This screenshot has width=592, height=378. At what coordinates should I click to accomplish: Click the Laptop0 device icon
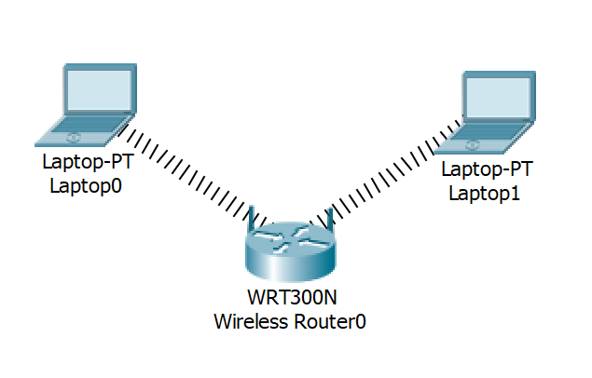pyautogui.click(x=86, y=105)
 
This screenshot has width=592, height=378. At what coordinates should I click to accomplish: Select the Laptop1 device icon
pyautogui.click(x=485, y=113)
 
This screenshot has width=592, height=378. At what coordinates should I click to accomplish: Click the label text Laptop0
pyautogui.click(x=86, y=186)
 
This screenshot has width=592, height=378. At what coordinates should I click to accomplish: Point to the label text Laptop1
pyautogui.click(x=485, y=194)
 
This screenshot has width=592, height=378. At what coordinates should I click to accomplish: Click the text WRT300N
pyautogui.click(x=292, y=297)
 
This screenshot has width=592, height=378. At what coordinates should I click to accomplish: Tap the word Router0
pyautogui.click(x=330, y=321)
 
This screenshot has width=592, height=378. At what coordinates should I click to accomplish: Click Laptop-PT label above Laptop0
pyautogui.click(x=88, y=162)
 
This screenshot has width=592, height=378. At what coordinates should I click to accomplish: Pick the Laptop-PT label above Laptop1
pyautogui.click(x=487, y=169)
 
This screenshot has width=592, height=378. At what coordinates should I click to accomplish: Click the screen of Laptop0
pyautogui.click(x=99, y=89)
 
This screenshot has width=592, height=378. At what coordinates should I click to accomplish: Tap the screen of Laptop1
pyautogui.click(x=498, y=97)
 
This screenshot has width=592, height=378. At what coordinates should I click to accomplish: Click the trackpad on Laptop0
pyautogui.click(x=73, y=138)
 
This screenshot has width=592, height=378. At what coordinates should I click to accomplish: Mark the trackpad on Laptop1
pyautogui.click(x=472, y=145)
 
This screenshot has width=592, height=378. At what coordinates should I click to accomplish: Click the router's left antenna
pyautogui.click(x=250, y=218)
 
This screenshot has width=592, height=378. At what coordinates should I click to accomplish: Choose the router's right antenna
pyautogui.click(x=330, y=218)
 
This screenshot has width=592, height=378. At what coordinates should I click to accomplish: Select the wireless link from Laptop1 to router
pyautogui.click(x=386, y=173)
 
